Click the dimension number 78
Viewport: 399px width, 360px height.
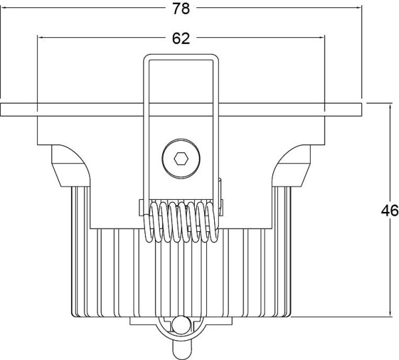(x=181, y=9)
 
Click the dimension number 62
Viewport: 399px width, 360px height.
(x=181, y=39)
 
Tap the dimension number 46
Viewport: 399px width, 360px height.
(x=390, y=211)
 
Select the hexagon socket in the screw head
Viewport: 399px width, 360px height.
(x=181, y=159)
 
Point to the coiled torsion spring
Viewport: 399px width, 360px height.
(x=181, y=222)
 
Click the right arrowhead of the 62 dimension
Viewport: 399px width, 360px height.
(x=322, y=38)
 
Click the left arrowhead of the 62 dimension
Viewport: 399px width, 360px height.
(x=41, y=38)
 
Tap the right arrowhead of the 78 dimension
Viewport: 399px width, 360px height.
(x=358, y=7)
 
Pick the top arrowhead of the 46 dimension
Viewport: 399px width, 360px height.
(x=390, y=106)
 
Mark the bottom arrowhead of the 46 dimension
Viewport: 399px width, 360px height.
(x=390, y=314)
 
